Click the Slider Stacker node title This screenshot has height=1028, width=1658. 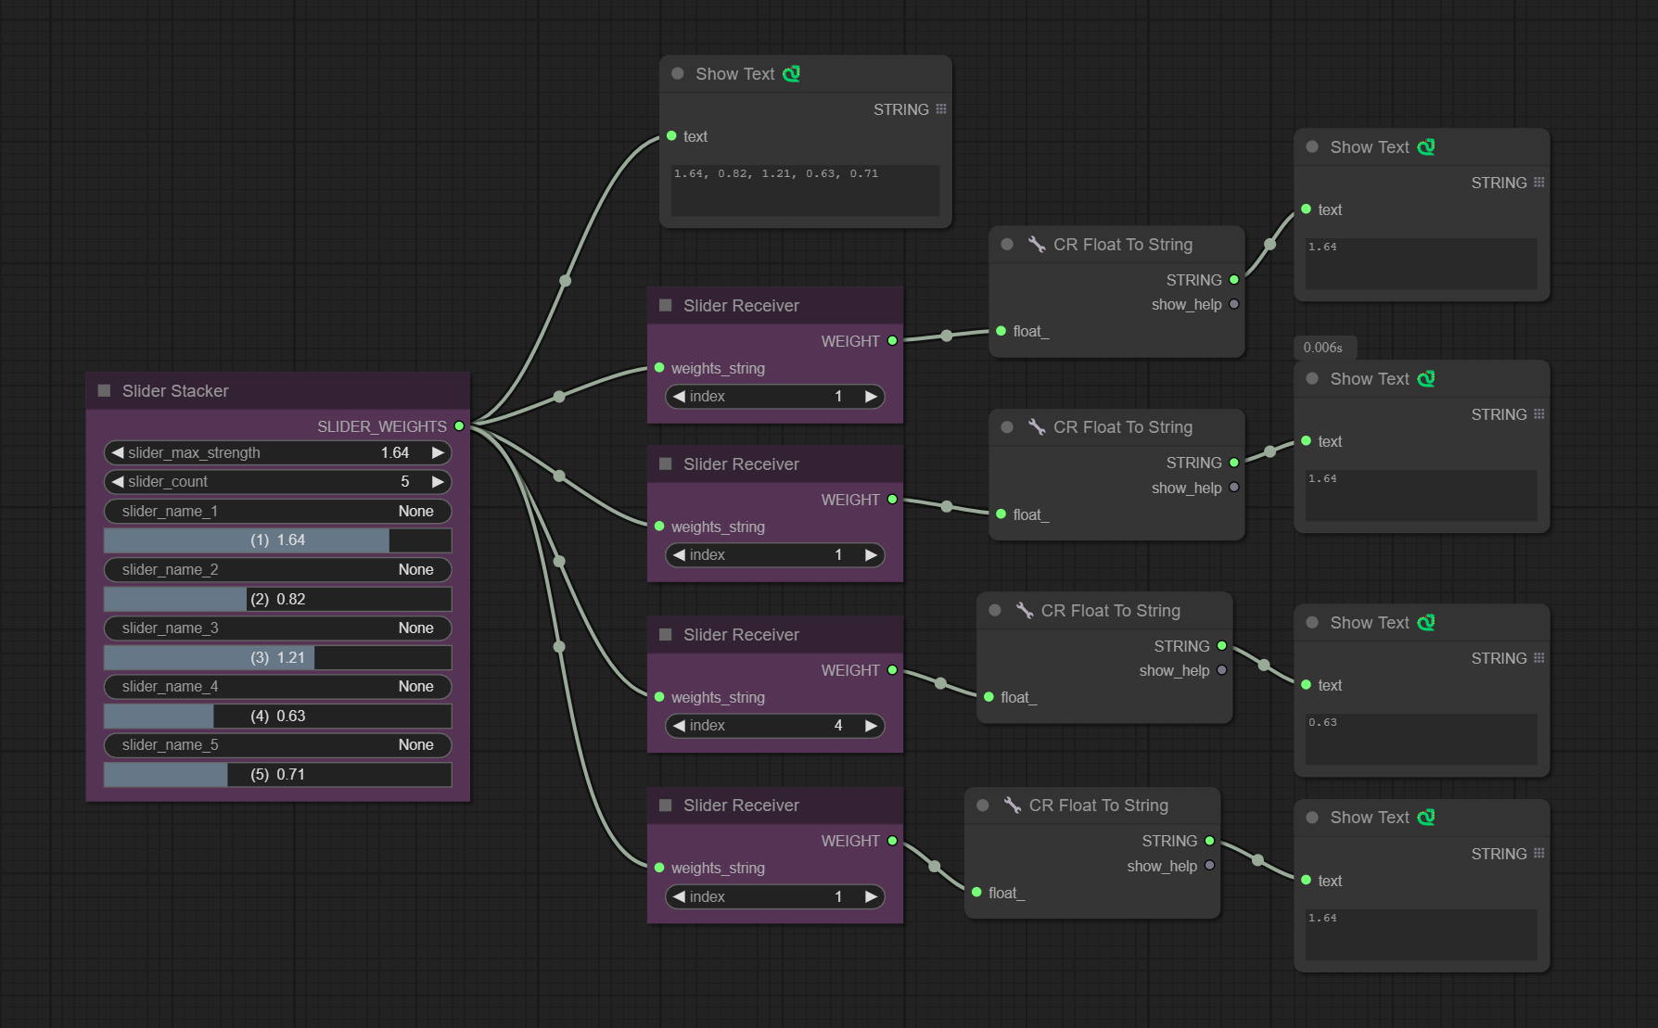pos(175,391)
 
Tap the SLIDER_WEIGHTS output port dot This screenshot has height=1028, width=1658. pos(459,426)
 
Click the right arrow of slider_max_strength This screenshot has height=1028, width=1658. pos(438,452)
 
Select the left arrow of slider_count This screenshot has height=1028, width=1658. pos(118,482)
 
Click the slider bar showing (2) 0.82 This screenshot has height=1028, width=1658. pos(278,599)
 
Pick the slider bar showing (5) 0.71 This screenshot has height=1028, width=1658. pos(278,774)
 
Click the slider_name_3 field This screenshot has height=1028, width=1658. pos(278,628)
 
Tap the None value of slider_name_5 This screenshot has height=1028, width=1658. pos(415,745)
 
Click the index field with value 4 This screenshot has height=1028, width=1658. pos(775,726)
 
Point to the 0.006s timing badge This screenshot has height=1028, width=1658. pos(1323,348)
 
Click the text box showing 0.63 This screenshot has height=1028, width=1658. pos(1422,739)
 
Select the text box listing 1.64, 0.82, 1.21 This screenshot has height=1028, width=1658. pos(805,191)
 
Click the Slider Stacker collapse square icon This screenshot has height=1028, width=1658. pos(104,391)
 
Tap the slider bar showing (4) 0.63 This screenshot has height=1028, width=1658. pos(278,716)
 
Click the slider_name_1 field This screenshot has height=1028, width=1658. pos(278,512)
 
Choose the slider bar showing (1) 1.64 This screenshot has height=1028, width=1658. pos(278,540)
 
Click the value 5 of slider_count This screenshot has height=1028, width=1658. pos(405,482)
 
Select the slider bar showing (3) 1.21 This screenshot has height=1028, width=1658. pos(278,657)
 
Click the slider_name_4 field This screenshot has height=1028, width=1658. pos(278,687)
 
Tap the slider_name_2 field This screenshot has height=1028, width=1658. pos(278,570)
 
